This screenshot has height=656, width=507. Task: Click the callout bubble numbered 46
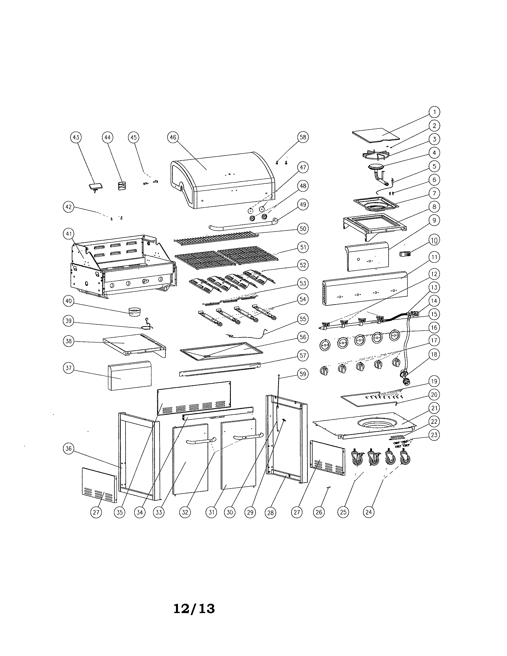pyautogui.click(x=173, y=137)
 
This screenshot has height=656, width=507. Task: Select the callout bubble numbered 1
pyautogui.click(x=434, y=112)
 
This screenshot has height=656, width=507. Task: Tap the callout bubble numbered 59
pyautogui.click(x=303, y=374)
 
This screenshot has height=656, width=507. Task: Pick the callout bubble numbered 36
pyautogui.click(x=69, y=449)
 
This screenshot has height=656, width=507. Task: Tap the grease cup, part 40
pyautogui.click(x=134, y=312)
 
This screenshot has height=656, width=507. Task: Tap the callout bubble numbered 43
pyautogui.click(x=76, y=137)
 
